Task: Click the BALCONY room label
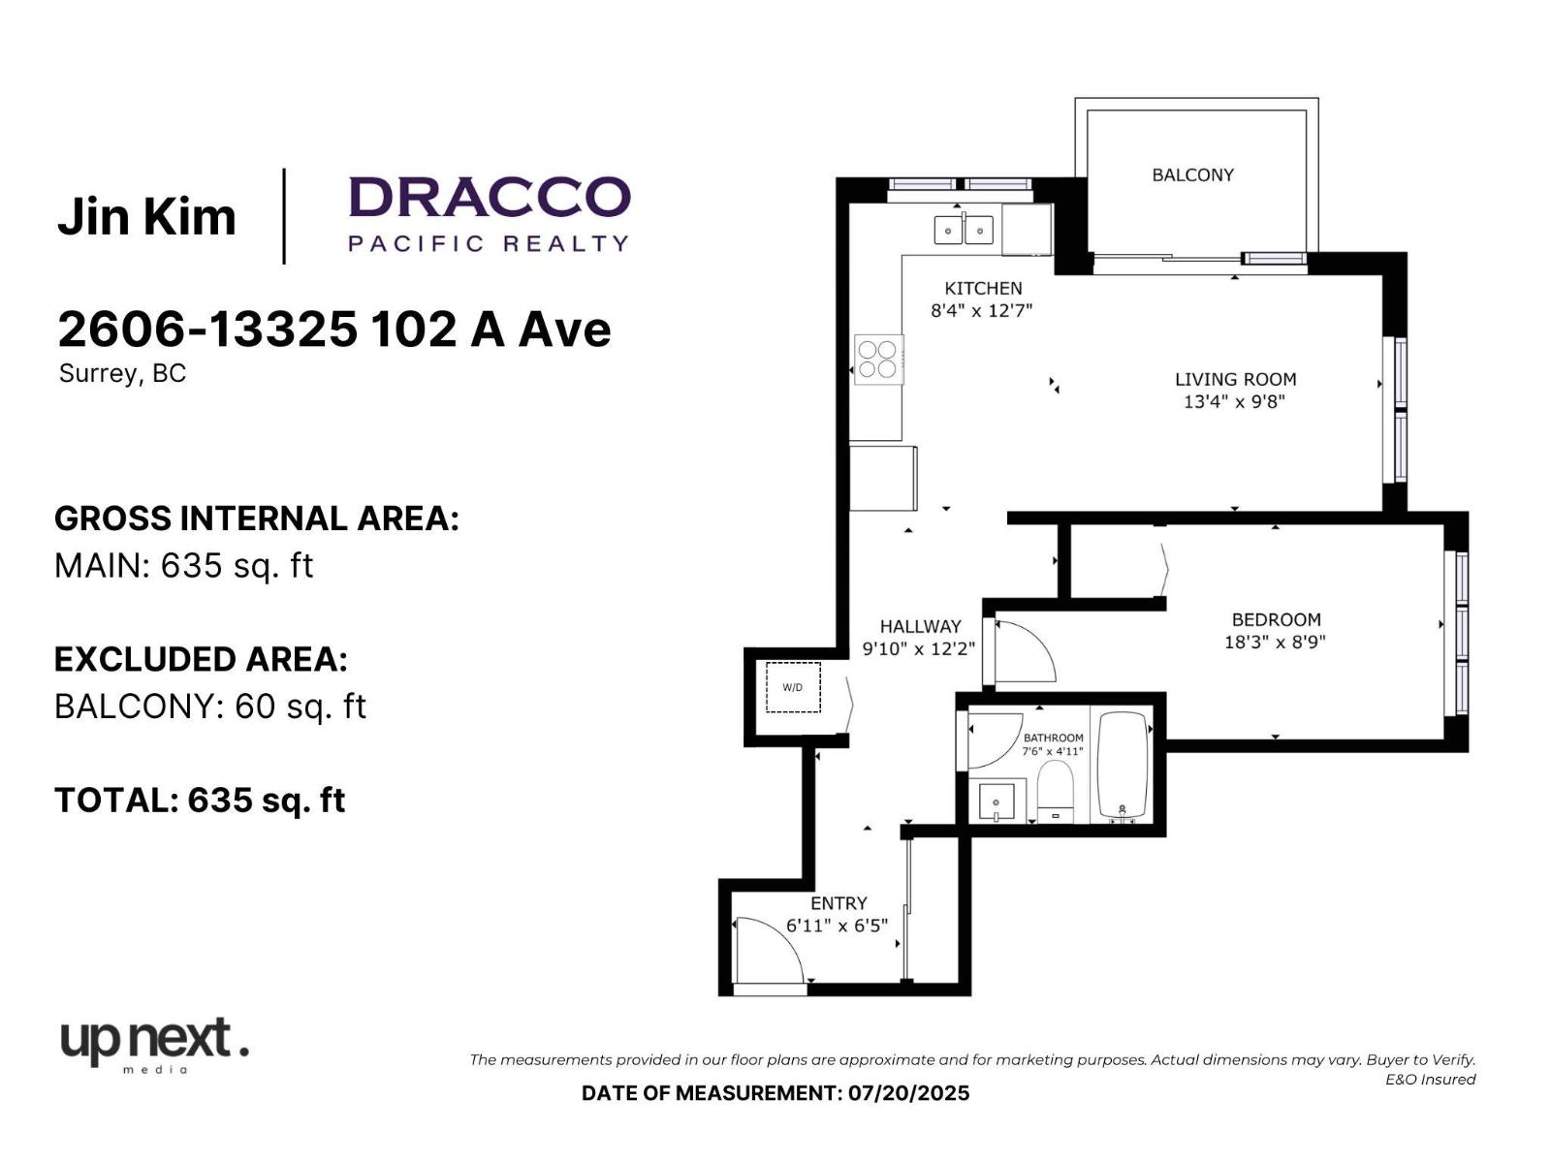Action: [1192, 175]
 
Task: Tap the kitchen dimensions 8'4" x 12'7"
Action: [981, 310]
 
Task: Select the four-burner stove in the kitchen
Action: [878, 360]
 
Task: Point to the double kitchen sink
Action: [964, 230]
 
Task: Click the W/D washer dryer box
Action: [793, 687]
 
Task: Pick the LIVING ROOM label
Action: [1235, 379]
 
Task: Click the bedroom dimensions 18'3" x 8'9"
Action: [1275, 642]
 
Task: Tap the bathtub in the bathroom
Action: [1123, 767]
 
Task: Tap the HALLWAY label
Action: [920, 626]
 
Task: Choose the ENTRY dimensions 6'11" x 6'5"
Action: [837, 925]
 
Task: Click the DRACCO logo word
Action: [490, 197]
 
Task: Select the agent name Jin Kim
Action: [147, 216]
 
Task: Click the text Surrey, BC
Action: [122, 373]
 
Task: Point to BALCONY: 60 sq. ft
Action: [210, 706]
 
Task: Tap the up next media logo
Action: [155, 1045]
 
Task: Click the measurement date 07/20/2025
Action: [908, 1093]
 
